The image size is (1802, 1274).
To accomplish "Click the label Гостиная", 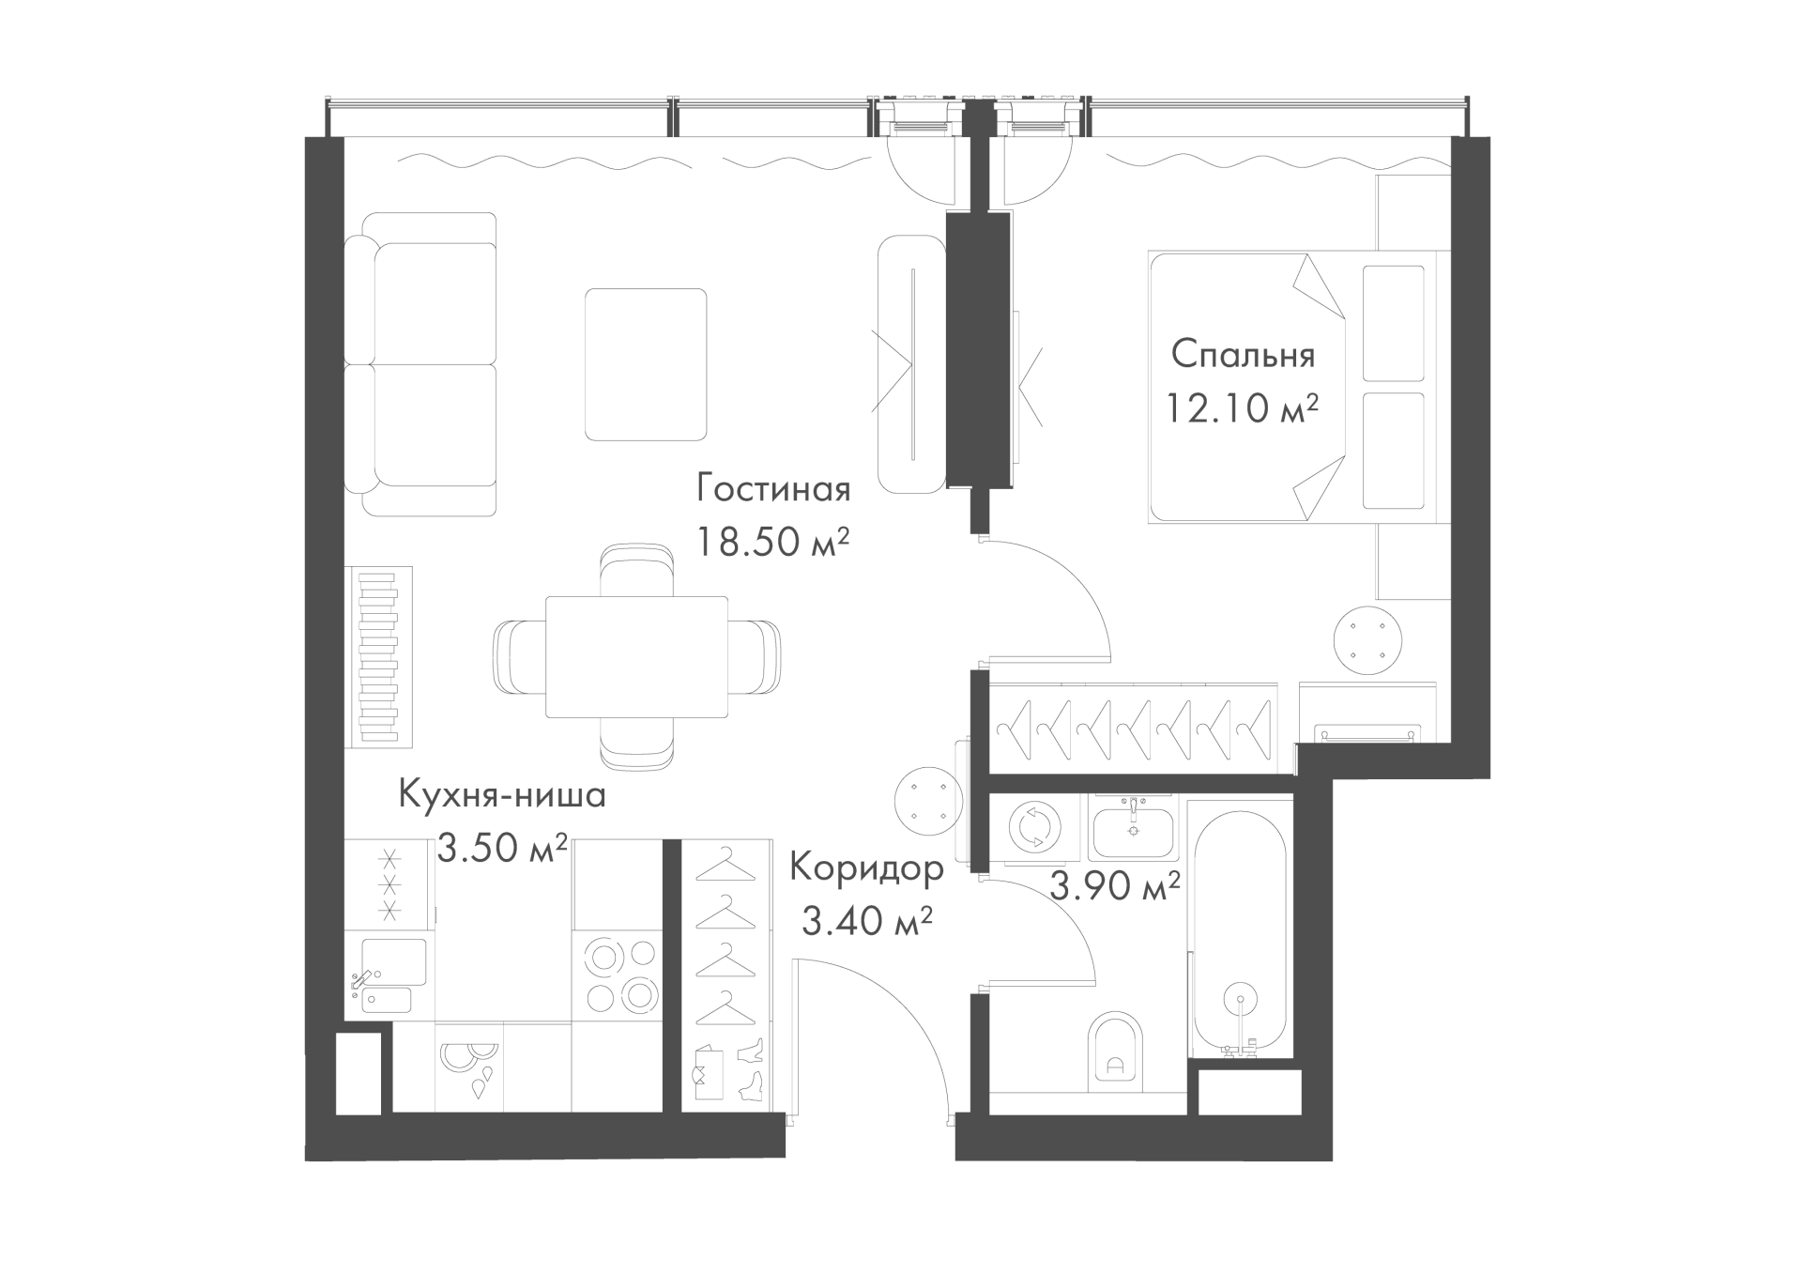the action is [773, 489].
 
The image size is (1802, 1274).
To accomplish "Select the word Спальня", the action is [1244, 355].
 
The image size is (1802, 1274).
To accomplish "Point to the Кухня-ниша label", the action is [502, 795].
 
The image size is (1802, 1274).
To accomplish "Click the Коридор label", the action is [866, 868].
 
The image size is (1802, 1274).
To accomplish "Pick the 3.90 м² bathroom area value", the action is [1114, 884].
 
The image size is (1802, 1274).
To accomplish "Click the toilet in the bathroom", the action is [1116, 1052].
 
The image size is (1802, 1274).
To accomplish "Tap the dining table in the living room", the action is [636, 657].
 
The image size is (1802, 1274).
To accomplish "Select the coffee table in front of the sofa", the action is [646, 364].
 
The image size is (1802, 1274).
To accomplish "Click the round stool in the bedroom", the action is [1369, 639].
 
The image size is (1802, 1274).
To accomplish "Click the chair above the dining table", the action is [637, 571].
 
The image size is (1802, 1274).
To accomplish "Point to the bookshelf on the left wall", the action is [379, 656].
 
